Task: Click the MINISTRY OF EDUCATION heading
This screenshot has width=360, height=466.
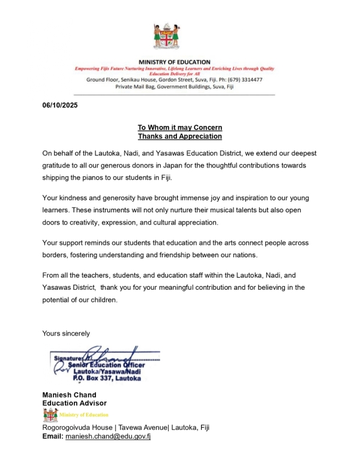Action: [x=174, y=62]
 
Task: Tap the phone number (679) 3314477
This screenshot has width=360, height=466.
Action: [x=245, y=79]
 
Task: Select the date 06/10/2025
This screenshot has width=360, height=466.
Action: [x=59, y=106]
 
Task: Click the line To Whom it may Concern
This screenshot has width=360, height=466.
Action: [x=180, y=128]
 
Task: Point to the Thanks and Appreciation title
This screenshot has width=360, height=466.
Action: [x=180, y=136]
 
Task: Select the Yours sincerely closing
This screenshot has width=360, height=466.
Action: [x=66, y=333]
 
